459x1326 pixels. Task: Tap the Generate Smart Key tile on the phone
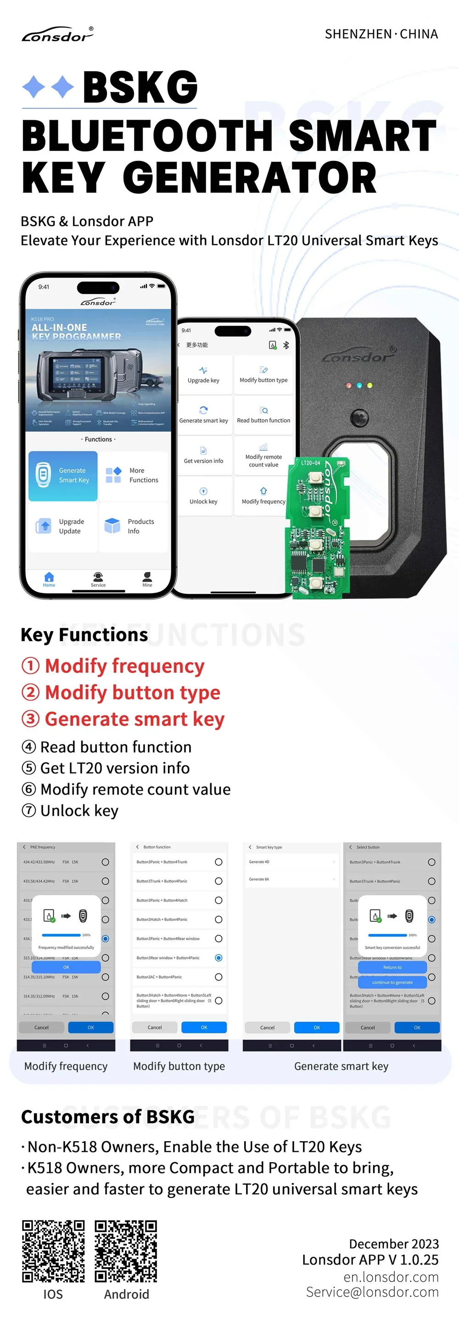tap(63, 476)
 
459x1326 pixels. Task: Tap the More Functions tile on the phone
tap(133, 476)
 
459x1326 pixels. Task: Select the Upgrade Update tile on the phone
tap(63, 526)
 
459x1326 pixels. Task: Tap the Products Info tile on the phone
tap(133, 526)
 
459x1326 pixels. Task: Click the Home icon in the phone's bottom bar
tap(49, 578)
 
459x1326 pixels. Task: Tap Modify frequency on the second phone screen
tap(263, 496)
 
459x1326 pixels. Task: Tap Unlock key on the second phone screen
tap(203, 496)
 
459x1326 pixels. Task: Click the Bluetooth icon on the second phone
tap(286, 345)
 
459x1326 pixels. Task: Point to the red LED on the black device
tap(349, 385)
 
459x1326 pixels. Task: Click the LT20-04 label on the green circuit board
tap(310, 463)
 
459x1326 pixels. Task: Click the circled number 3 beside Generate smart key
tap(30, 719)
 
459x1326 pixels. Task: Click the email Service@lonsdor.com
tap(372, 1292)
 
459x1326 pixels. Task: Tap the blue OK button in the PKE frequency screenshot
tap(91, 1027)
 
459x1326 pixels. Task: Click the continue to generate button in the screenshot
tap(392, 982)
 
